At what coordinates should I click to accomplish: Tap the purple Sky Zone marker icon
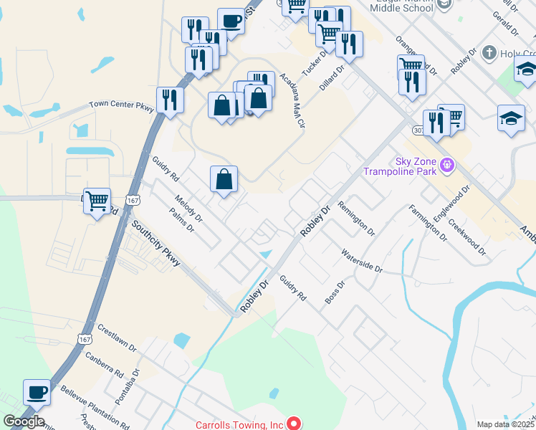(448, 166)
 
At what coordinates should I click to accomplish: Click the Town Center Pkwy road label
(121, 105)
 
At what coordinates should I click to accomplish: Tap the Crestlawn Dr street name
(117, 336)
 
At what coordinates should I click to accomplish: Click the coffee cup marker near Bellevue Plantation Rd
(37, 393)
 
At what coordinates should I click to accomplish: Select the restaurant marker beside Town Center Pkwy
(170, 101)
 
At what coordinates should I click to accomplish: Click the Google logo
(23, 421)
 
